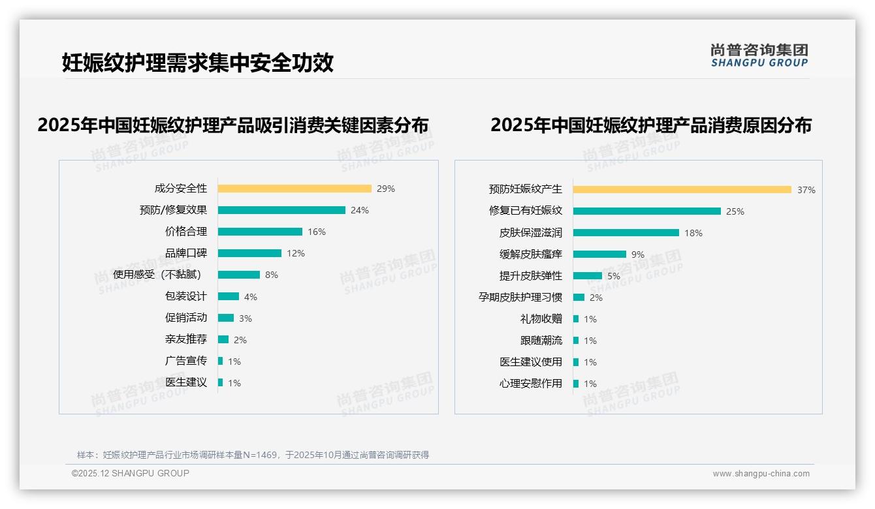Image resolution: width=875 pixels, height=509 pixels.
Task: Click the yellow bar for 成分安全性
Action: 294,189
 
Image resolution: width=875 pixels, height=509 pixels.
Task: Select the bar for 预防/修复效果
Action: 281,210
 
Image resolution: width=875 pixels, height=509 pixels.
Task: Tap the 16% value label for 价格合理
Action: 317,232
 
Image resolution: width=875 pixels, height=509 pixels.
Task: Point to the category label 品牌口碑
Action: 186,253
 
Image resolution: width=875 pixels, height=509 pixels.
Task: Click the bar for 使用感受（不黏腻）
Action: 239,275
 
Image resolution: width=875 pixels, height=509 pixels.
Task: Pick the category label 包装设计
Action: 186,296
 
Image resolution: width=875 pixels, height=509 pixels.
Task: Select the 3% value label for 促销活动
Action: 245,318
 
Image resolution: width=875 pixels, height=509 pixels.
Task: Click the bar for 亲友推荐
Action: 223,339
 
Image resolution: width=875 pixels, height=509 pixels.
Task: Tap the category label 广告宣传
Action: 186,361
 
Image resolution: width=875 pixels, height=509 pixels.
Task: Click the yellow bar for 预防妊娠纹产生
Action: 682,190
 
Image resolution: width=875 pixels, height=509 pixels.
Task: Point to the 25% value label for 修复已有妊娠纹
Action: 735,211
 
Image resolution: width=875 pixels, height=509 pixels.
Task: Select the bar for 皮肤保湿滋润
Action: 626,232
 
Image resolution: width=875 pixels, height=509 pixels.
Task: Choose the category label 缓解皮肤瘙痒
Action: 531,254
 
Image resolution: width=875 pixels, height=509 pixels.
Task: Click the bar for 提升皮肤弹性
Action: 588,276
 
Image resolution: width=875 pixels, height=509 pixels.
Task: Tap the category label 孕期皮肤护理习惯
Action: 520,298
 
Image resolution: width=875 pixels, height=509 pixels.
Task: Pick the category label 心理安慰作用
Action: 531,384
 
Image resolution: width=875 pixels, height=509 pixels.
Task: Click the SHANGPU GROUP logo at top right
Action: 759,55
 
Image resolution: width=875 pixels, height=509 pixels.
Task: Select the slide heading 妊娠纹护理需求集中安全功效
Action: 198,63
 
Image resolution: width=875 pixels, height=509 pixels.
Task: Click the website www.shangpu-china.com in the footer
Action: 761,474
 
